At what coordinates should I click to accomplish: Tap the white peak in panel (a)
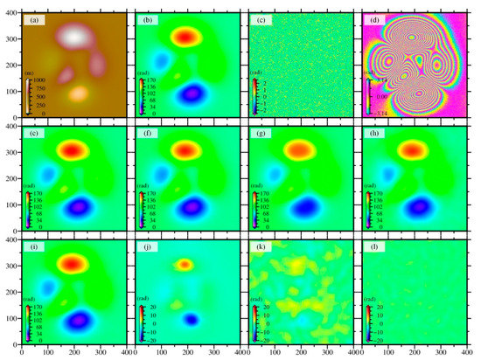coord(76,35)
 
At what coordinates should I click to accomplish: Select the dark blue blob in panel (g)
coord(299,207)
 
